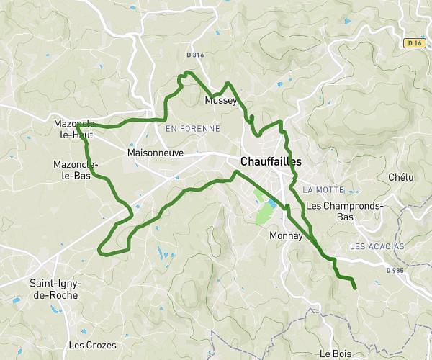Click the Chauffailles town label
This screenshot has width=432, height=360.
[x=271, y=161]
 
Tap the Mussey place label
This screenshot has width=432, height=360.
[x=220, y=101]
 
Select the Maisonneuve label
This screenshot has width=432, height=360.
[x=155, y=153]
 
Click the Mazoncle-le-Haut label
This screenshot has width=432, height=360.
[x=74, y=129]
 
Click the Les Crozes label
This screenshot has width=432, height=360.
[x=91, y=345]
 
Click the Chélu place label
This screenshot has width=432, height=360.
[x=401, y=177]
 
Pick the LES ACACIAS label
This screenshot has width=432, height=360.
[x=377, y=246]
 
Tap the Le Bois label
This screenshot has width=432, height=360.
[x=335, y=354]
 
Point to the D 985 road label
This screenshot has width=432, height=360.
[x=395, y=271]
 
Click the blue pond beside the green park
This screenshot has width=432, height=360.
[x=271, y=207]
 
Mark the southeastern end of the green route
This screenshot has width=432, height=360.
[x=355, y=288]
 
